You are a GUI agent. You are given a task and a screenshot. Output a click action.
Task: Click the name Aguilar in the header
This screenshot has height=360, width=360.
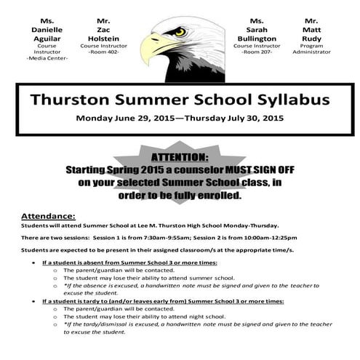pos(47,38)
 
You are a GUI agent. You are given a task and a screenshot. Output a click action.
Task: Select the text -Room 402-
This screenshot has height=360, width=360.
pos(103,52)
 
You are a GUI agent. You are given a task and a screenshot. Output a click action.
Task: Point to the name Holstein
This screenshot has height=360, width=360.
pos(103,38)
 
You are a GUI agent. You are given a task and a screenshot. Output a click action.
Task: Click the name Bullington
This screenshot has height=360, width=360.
pos(257,38)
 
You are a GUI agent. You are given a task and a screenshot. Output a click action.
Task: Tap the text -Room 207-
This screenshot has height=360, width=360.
pos(257,52)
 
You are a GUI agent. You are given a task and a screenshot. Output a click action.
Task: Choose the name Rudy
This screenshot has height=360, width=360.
pos(312,38)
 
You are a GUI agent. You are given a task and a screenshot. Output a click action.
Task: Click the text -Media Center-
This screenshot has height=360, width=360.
pos(47,58)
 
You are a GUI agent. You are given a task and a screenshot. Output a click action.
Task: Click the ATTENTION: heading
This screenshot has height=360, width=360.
pos(179,156)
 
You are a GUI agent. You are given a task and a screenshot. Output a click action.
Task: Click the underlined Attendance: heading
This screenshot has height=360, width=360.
pos(47,216)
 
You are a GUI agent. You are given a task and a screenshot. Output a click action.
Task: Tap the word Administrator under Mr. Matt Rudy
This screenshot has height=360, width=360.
pos(312,52)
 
